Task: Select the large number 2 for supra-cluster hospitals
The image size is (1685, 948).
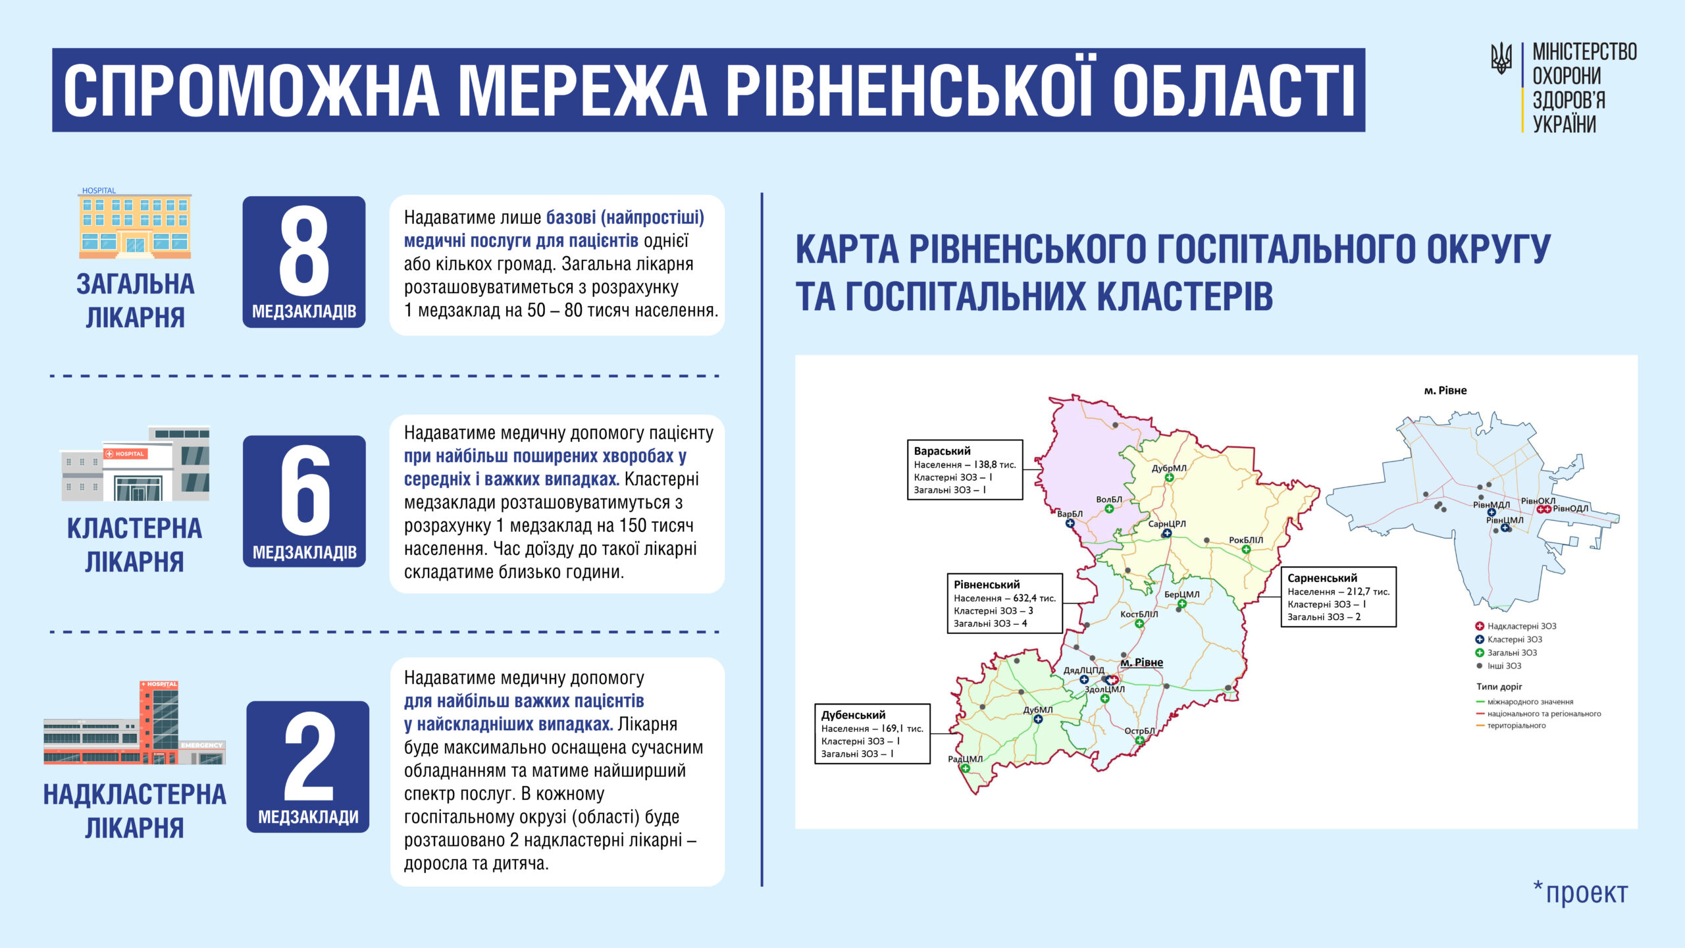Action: (308, 757)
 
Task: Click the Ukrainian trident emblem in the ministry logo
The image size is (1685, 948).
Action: (1501, 59)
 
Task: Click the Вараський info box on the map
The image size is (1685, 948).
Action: (964, 470)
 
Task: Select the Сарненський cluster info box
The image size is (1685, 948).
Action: (1338, 597)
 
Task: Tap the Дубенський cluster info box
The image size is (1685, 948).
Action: (872, 734)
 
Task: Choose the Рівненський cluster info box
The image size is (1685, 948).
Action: (1004, 604)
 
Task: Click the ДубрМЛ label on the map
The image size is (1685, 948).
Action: (1169, 468)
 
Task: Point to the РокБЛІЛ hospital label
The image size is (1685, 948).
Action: (1246, 540)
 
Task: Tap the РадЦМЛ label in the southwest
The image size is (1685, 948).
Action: (965, 759)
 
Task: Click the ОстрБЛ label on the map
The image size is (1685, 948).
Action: (1139, 731)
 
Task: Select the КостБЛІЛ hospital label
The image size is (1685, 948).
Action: (1139, 614)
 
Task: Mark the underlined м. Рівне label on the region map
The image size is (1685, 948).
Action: (1142, 662)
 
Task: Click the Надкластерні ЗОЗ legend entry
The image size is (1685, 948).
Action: (1521, 626)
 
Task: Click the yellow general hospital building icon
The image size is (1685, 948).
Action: (135, 224)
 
